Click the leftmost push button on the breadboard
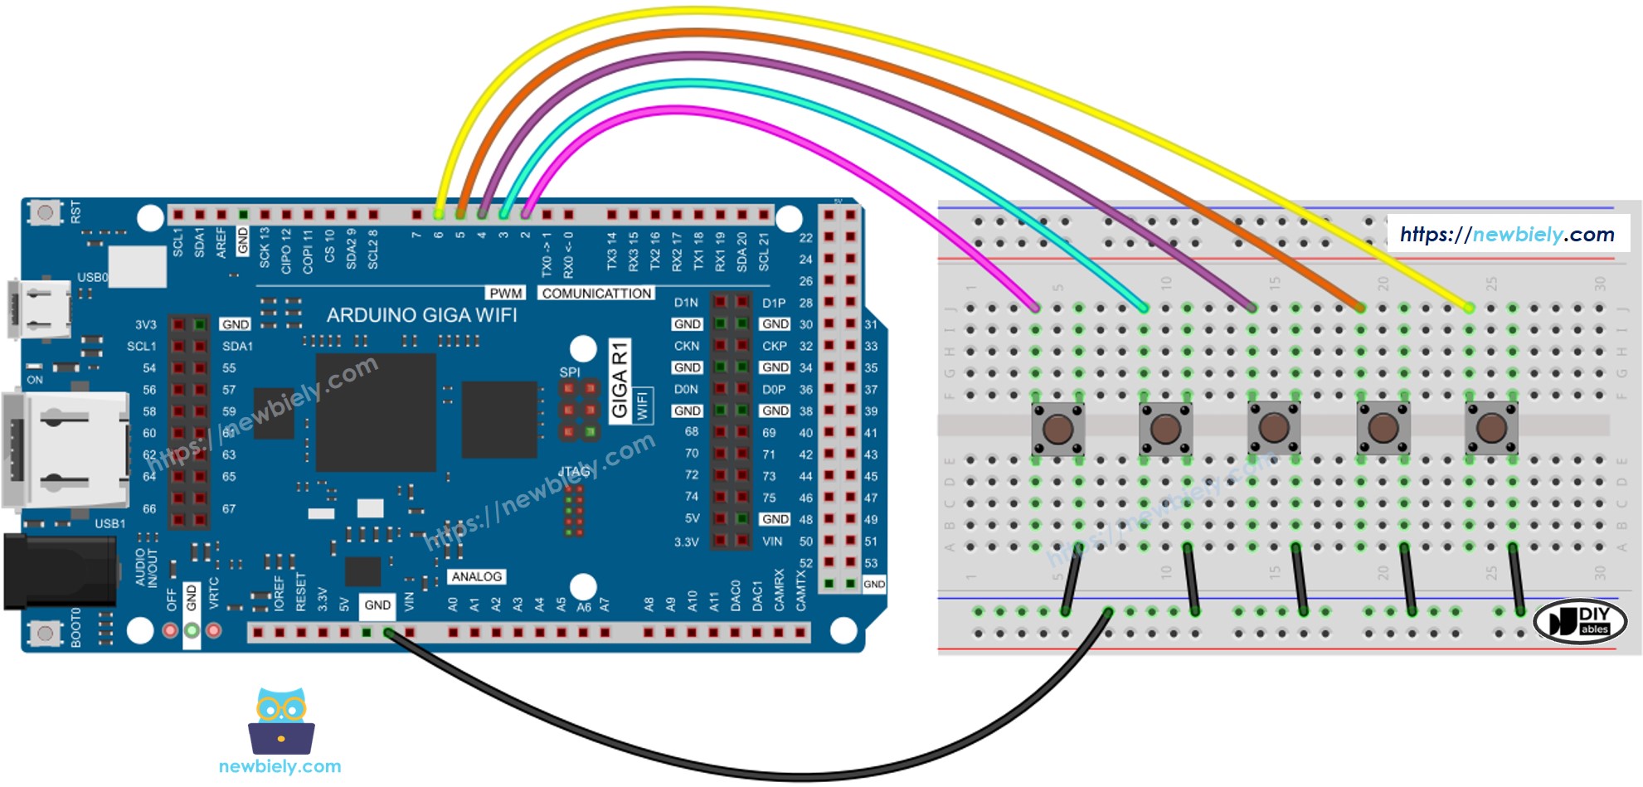click(1057, 429)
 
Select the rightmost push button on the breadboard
click(1491, 429)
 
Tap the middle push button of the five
click(1274, 429)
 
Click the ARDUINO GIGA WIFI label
click(421, 315)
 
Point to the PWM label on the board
click(505, 294)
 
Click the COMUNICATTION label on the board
click(596, 294)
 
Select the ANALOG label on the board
click(476, 576)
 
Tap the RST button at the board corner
click(45, 213)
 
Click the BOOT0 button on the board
click(45, 634)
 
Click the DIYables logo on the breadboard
click(1579, 620)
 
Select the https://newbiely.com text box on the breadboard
click(1507, 235)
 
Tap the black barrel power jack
click(58, 572)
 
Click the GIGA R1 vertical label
click(620, 381)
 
